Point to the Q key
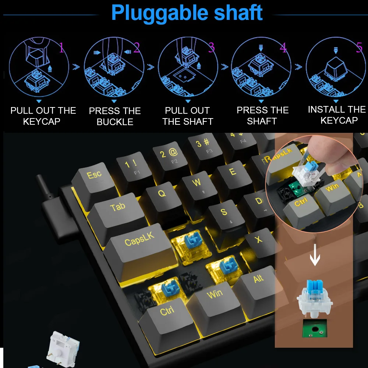162,195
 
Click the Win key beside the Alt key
215,296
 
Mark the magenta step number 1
61,48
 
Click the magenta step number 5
359,48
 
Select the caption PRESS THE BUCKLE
115,116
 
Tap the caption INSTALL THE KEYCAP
337,115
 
